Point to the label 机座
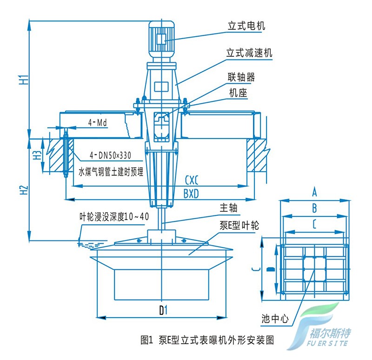point(238,93)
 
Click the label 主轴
point(228,207)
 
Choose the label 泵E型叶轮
point(239,226)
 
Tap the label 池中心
point(275,319)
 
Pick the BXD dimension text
point(191,193)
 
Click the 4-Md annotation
point(98,123)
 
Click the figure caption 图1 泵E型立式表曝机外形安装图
point(207,340)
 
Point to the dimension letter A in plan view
point(314,191)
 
